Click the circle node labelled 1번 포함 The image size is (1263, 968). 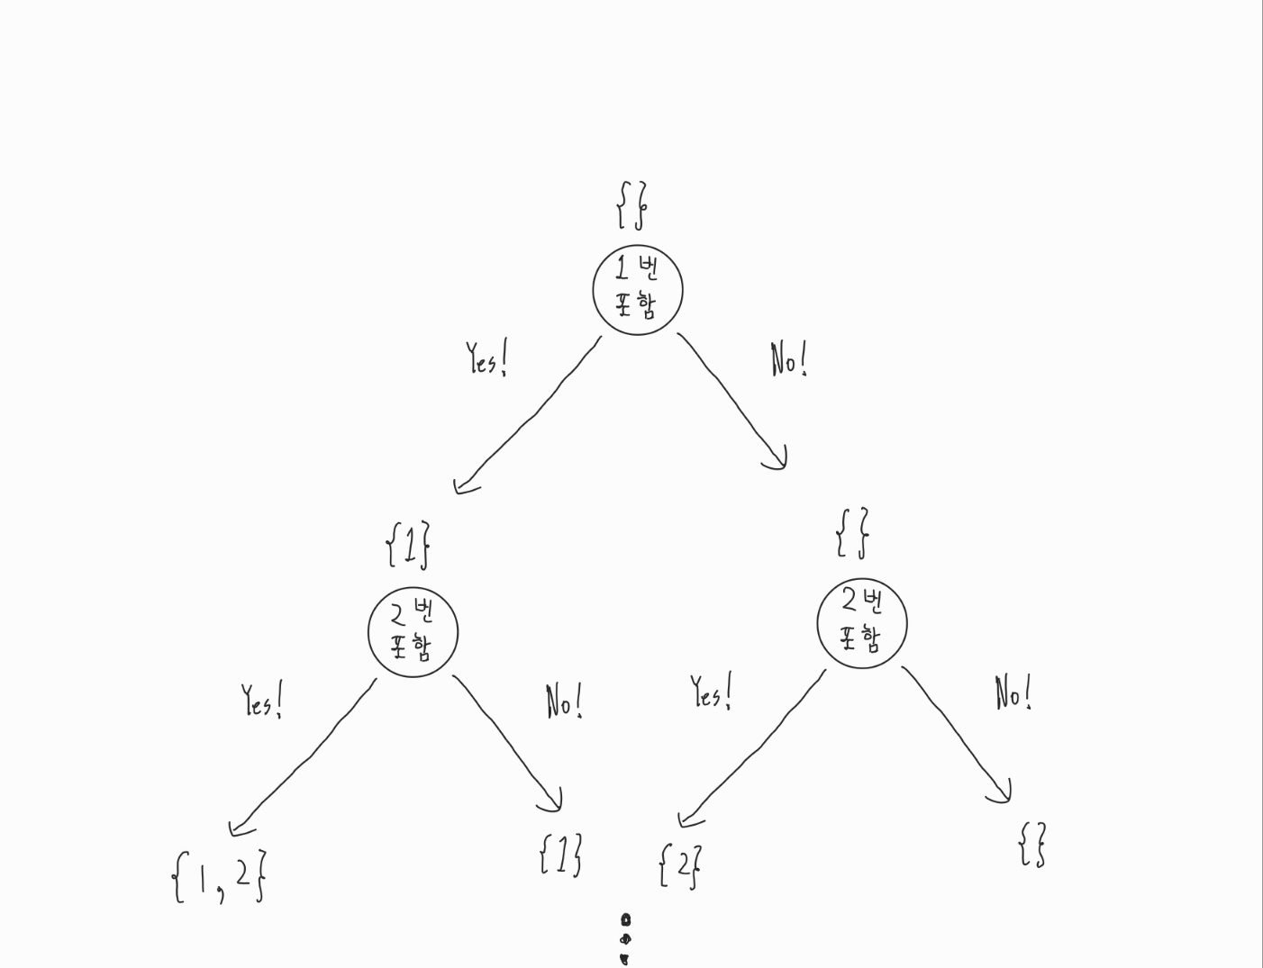tap(638, 289)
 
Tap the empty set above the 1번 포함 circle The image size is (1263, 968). tap(631, 205)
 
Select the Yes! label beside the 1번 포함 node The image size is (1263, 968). tap(486, 359)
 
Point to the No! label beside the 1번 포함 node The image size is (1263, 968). tap(788, 360)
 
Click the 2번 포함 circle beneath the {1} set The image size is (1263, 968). tap(413, 632)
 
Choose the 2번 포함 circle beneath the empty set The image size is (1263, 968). tap(862, 623)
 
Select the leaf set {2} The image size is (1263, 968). tap(680, 866)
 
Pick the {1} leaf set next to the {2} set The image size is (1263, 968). tap(560, 855)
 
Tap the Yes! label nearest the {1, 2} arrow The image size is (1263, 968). tap(262, 701)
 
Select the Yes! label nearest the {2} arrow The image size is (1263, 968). tap(712, 692)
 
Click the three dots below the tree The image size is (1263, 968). tap(625, 939)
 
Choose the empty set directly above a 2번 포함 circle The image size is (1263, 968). tap(852, 532)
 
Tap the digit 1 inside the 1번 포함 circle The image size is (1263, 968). tap(622, 268)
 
